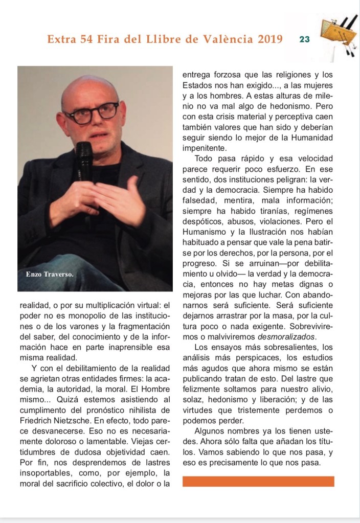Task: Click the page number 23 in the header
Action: click(x=305, y=39)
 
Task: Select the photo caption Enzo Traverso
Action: click(x=50, y=275)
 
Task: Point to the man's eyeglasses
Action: click(x=92, y=113)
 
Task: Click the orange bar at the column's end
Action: click(x=258, y=481)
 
